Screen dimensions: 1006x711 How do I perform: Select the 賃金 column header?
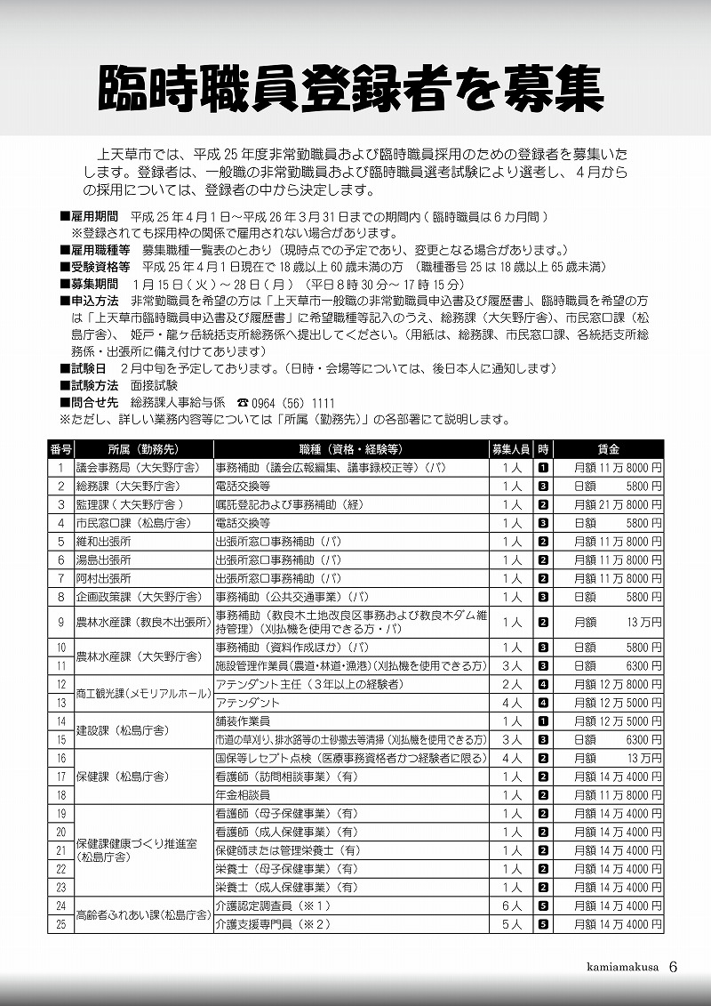click(x=609, y=449)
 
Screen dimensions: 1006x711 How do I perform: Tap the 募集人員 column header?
click(x=511, y=449)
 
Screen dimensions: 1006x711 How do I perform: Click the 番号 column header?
click(x=61, y=449)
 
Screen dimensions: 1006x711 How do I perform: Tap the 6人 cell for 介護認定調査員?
click(x=511, y=905)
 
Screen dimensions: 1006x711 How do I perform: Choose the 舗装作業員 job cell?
click(x=244, y=720)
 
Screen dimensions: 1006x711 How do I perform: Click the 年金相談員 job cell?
click(x=244, y=794)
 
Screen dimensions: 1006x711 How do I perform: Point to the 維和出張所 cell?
click(x=104, y=542)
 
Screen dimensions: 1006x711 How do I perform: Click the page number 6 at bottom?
click(x=673, y=968)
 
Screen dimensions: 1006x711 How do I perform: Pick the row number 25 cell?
click(x=61, y=924)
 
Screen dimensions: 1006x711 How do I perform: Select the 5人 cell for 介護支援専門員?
click(x=511, y=924)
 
